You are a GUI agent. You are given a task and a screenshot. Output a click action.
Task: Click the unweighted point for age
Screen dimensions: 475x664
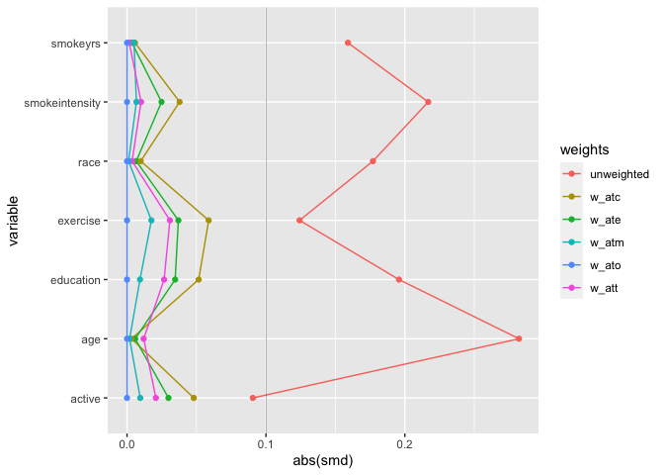pyautogui.click(x=519, y=338)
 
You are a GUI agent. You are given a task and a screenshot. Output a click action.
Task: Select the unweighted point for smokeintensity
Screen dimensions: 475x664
pyautogui.click(x=428, y=102)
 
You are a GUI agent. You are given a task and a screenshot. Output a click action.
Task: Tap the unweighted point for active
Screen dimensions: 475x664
pyautogui.click(x=253, y=398)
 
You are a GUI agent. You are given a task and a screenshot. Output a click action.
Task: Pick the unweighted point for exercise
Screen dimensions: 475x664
pyautogui.click(x=299, y=221)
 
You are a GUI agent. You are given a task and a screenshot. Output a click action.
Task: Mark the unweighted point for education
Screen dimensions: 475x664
pyautogui.click(x=399, y=280)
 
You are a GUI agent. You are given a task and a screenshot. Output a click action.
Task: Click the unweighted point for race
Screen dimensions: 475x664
pyautogui.click(x=373, y=161)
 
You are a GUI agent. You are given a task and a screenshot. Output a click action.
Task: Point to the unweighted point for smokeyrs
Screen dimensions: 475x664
pyautogui.click(x=348, y=43)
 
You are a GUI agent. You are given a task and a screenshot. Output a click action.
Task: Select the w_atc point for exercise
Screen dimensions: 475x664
pyautogui.click(x=208, y=221)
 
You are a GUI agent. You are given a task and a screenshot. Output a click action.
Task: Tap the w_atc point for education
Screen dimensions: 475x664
pyautogui.click(x=199, y=280)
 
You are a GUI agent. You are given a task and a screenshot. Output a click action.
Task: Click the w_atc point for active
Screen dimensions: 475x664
pyautogui.click(x=194, y=398)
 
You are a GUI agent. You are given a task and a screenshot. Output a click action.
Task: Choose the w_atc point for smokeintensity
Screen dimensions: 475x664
pyautogui.click(x=180, y=102)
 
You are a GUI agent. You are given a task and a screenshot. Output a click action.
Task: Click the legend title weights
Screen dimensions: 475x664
pyautogui.click(x=584, y=149)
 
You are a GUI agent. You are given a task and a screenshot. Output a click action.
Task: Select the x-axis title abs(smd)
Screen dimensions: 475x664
pyautogui.click(x=323, y=462)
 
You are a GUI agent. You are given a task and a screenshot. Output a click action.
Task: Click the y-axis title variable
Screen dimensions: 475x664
pyautogui.click(x=15, y=221)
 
